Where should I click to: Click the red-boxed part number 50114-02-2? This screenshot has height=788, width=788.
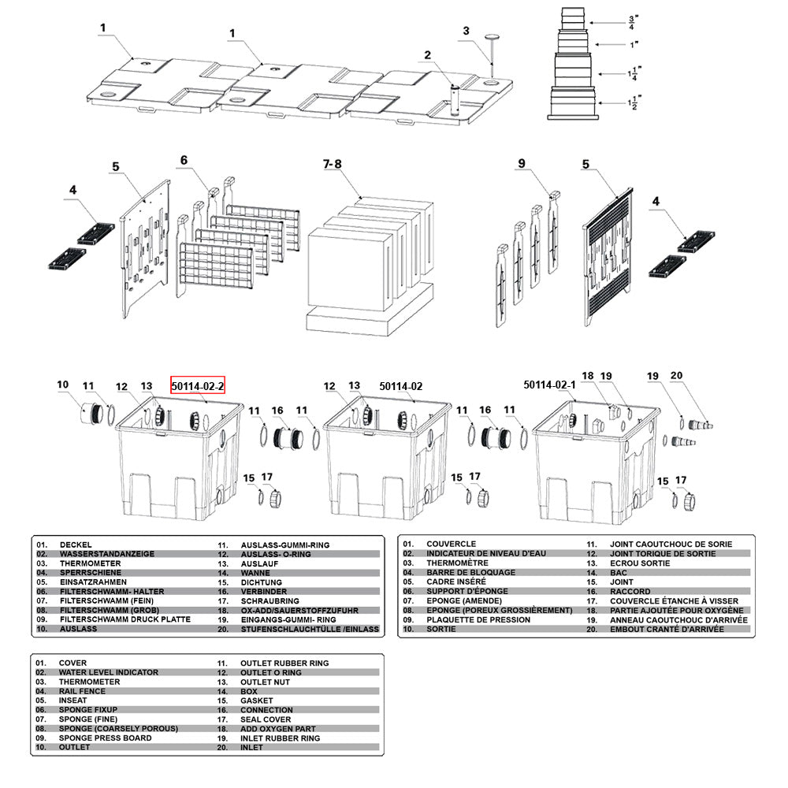pos(199,386)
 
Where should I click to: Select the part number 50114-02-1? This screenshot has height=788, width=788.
pos(550,385)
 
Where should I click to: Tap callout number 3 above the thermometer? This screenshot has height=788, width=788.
pos(466,31)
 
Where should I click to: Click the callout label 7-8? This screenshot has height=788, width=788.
pos(333,164)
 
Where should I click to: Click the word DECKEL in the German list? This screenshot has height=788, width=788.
pos(75,545)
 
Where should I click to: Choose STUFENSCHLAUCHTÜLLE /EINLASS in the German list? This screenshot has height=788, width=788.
pos(310,630)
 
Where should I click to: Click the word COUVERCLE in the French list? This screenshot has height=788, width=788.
pos(451,544)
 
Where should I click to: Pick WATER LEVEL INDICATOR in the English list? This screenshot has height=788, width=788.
pos(108,672)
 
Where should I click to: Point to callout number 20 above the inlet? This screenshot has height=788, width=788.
pos(677,376)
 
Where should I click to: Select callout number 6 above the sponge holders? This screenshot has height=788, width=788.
pos(184,160)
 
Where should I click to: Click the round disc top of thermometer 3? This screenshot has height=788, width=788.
pos(492,36)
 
